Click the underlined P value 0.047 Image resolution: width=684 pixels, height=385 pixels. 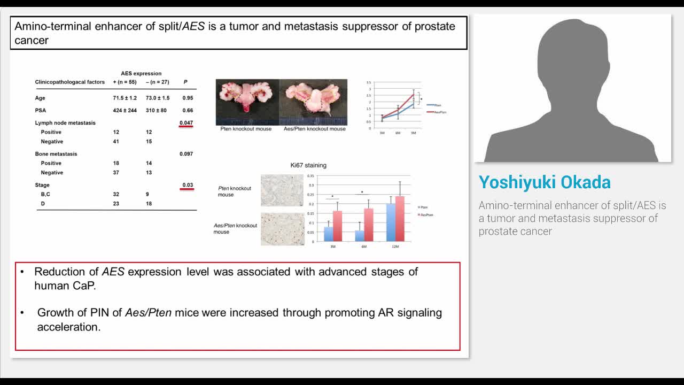pyautogui.click(x=186, y=123)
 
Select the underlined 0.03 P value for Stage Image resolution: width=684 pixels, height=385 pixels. pyautogui.click(x=188, y=185)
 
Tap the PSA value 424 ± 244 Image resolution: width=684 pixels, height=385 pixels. pyautogui.click(x=125, y=111)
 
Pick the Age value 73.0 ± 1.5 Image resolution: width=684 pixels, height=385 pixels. pyautogui.click(x=158, y=98)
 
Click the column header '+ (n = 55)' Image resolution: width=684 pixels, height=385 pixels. pyautogui.click(x=125, y=82)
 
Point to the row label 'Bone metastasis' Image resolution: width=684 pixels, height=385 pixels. pyautogui.click(x=56, y=154)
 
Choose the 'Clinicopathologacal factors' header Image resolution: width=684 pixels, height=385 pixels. pyautogui.click(x=70, y=82)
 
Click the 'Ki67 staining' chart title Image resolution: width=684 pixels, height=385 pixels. pyautogui.click(x=308, y=165)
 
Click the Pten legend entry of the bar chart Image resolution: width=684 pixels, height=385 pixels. pyautogui.click(x=423, y=207)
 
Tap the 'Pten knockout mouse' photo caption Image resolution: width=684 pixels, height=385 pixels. pyautogui.click(x=246, y=129)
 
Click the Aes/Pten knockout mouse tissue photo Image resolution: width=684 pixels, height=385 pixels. pyautogui.click(x=314, y=102)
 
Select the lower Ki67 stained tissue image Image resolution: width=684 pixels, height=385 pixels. pyautogui.click(x=282, y=229)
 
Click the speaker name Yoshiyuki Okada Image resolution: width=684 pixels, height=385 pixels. pyautogui.click(x=545, y=182)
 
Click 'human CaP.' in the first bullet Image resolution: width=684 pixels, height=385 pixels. pyautogui.click(x=65, y=286)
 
